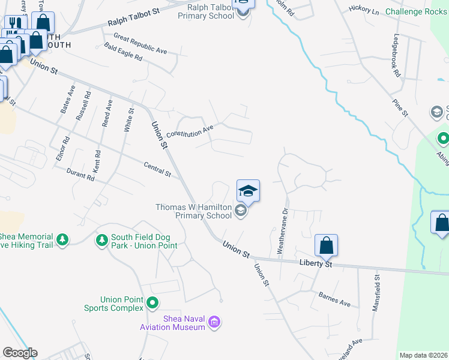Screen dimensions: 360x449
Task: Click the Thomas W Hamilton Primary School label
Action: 193,211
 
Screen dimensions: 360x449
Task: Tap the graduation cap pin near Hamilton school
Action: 248,191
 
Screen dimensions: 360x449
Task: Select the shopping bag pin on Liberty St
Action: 326,245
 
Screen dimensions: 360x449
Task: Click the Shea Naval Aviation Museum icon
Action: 214,323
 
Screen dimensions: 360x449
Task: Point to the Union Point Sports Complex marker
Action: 152,303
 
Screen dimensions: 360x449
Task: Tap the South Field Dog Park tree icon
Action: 102,241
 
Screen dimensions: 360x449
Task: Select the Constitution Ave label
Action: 190,131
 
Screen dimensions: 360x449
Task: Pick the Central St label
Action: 157,169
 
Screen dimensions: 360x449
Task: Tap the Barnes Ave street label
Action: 335,299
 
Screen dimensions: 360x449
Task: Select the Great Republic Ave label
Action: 140,43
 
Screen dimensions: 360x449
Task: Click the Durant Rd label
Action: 81,175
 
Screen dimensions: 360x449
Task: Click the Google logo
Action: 20,353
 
